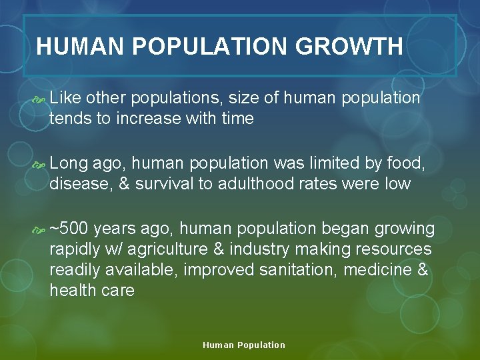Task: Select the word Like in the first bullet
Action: point(65,99)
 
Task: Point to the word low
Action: point(398,184)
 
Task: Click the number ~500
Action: point(69,229)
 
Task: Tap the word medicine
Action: point(380,270)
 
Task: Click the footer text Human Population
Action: point(244,345)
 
